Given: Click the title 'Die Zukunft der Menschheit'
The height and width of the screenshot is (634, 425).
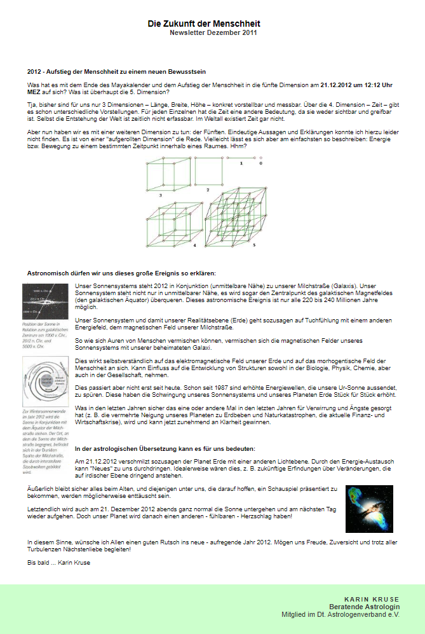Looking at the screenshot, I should pyautogui.click(x=204, y=24).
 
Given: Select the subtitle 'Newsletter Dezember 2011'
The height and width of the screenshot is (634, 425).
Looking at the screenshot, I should pyautogui.click(x=213, y=32).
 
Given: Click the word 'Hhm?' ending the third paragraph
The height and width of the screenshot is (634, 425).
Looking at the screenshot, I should pyautogui.click(x=236, y=146).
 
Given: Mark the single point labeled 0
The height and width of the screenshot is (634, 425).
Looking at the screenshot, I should pyautogui.click(x=260, y=158).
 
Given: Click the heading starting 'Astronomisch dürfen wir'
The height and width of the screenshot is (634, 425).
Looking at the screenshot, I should pyautogui.click(x=121, y=272).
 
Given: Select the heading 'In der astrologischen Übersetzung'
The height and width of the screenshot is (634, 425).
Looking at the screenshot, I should pyautogui.click(x=165, y=431).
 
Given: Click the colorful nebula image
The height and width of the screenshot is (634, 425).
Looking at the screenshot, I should pyautogui.click(x=369, y=509).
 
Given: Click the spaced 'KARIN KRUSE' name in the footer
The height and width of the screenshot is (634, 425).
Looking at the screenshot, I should pyautogui.click(x=372, y=599).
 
